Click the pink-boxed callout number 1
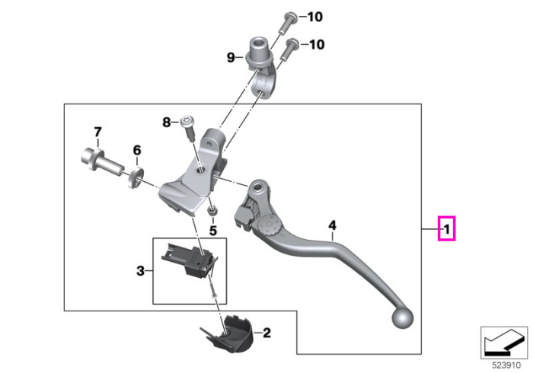[447, 229]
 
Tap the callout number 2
[266, 333]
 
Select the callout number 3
[140, 271]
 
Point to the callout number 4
[332, 225]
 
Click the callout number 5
[212, 231]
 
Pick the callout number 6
[136, 150]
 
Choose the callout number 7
[97, 132]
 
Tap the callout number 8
[166, 122]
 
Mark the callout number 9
[231, 57]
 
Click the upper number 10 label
[315, 17]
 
